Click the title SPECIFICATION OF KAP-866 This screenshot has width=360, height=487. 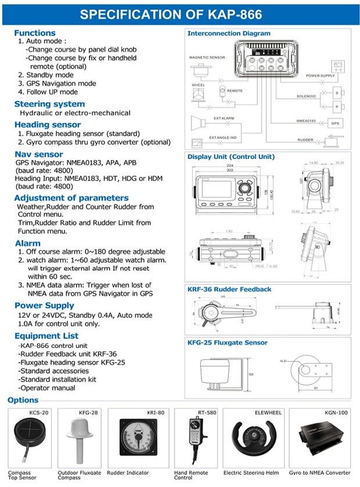[x=179, y=15]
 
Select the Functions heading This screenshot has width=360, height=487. [x=35, y=33]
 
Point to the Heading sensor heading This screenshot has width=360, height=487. [x=48, y=124]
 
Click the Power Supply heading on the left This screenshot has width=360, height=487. [x=44, y=305]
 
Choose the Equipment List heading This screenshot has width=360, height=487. [x=46, y=336]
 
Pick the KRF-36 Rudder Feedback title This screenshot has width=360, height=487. [x=229, y=289]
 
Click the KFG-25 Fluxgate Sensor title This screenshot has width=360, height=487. [x=228, y=343]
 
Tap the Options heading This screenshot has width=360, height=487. [x=23, y=400]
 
